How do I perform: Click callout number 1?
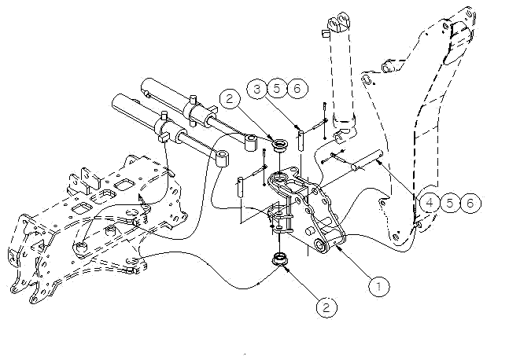(x=379, y=286)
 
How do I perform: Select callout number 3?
(x=257, y=89)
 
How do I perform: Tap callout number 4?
(x=430, y=203)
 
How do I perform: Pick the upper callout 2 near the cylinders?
(x=229, y=98)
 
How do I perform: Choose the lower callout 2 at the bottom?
(x=326, y=307)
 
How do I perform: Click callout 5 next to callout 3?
(x=277, y=88)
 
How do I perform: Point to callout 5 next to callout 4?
(x=449, y=203)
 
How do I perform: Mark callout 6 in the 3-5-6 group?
(x=297, y=88)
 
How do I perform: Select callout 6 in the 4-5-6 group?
(x=470, y=203)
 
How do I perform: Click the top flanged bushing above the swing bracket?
(x=280, y=145)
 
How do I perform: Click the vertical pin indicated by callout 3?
(x=301, y=140)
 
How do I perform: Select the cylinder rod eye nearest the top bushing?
(x=251, y=143)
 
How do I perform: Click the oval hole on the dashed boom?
(x=366, y=79)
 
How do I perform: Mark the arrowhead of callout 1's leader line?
(x=337, y=248)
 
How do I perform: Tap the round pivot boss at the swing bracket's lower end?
(x=322, y=245)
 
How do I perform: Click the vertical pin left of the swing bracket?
(x=240, y=187)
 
